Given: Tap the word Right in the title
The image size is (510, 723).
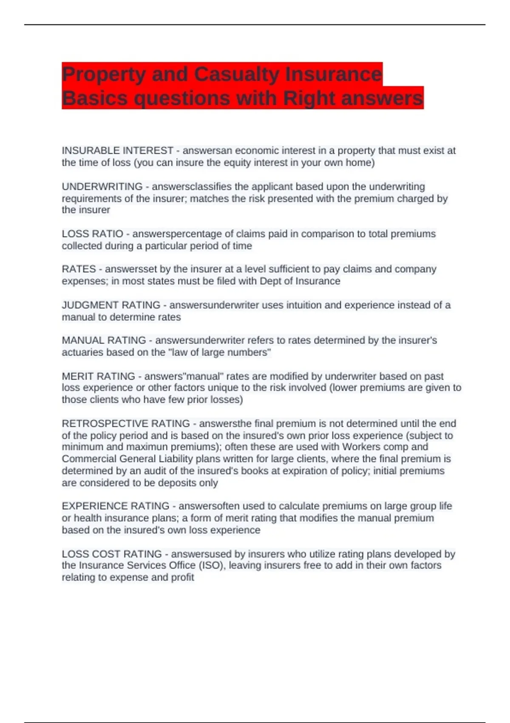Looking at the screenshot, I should (309, 98).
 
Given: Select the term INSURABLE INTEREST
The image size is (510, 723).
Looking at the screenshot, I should (117, 151).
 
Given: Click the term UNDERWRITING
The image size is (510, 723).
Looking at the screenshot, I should (102, 187).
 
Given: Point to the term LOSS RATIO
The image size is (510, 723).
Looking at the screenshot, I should (92, 234).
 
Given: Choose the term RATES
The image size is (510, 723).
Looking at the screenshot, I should (79, 269).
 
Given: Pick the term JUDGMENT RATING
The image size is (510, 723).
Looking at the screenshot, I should (111, 305).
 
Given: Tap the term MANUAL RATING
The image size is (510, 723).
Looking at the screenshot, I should (104, 341).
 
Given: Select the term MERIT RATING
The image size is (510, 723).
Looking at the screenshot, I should (98, 376).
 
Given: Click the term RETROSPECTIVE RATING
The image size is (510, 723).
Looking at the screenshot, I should (126, 424).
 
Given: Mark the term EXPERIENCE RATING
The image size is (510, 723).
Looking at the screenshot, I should (116, 506).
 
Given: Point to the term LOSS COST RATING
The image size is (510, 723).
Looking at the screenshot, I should (112, 554).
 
